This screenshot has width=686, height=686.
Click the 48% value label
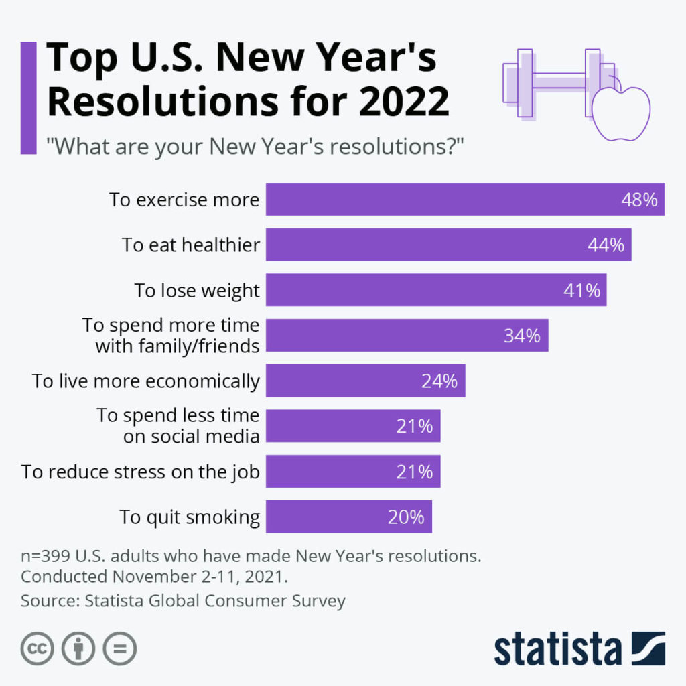639,200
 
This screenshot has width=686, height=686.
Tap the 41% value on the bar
581,291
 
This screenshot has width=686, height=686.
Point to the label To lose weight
196,291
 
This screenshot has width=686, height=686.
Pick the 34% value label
522,336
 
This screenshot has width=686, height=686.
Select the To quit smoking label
190,517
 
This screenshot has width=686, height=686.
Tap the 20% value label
406,517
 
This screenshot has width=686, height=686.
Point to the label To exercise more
184,200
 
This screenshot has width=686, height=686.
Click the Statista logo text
557,648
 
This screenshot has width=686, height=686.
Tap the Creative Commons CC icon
38,648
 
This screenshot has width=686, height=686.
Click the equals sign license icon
119,648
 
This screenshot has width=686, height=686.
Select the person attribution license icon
78,648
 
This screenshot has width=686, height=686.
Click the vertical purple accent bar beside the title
28,98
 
